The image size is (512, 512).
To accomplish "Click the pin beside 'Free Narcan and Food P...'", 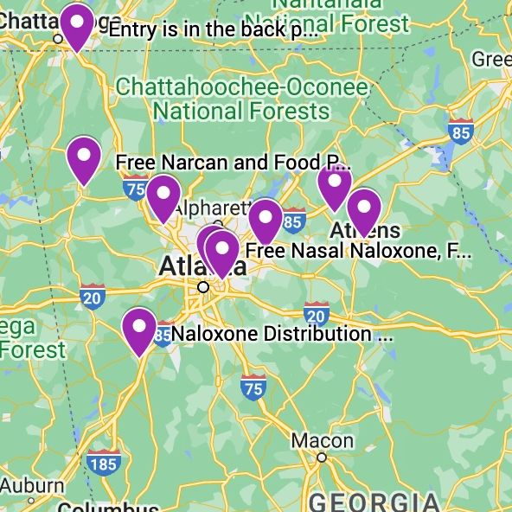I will [84, 159].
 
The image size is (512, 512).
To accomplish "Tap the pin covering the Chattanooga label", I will [77, 26].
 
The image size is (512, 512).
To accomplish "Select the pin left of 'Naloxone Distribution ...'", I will [139, 330].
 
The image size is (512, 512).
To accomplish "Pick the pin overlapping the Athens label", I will [364, 210].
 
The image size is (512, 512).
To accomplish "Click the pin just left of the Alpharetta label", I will [163, 196].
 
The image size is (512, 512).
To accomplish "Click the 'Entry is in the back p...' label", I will [213, 29].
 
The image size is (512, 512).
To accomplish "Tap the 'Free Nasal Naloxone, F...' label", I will [359, 252].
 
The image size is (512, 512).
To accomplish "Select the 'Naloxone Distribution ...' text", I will [282, 334].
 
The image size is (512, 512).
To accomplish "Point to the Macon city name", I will [322, 441].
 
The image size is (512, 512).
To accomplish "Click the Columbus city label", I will [108, 507].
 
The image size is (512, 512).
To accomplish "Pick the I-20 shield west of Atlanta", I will [93, 296].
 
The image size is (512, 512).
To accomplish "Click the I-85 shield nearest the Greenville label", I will [461, 131].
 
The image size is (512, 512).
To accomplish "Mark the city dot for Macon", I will [322, 458].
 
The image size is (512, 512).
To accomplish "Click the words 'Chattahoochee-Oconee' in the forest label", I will [241, 87].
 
